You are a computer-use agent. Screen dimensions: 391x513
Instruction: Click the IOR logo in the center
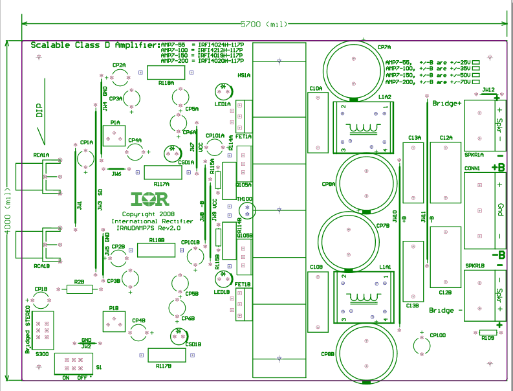pos(149,199)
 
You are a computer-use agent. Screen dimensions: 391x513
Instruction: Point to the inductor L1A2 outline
pos(362,128)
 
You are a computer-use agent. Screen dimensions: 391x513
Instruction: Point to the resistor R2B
pos(79,289)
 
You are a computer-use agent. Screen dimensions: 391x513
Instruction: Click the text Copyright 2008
pos(148,214)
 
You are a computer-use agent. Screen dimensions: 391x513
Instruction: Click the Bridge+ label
pos(446,104)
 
